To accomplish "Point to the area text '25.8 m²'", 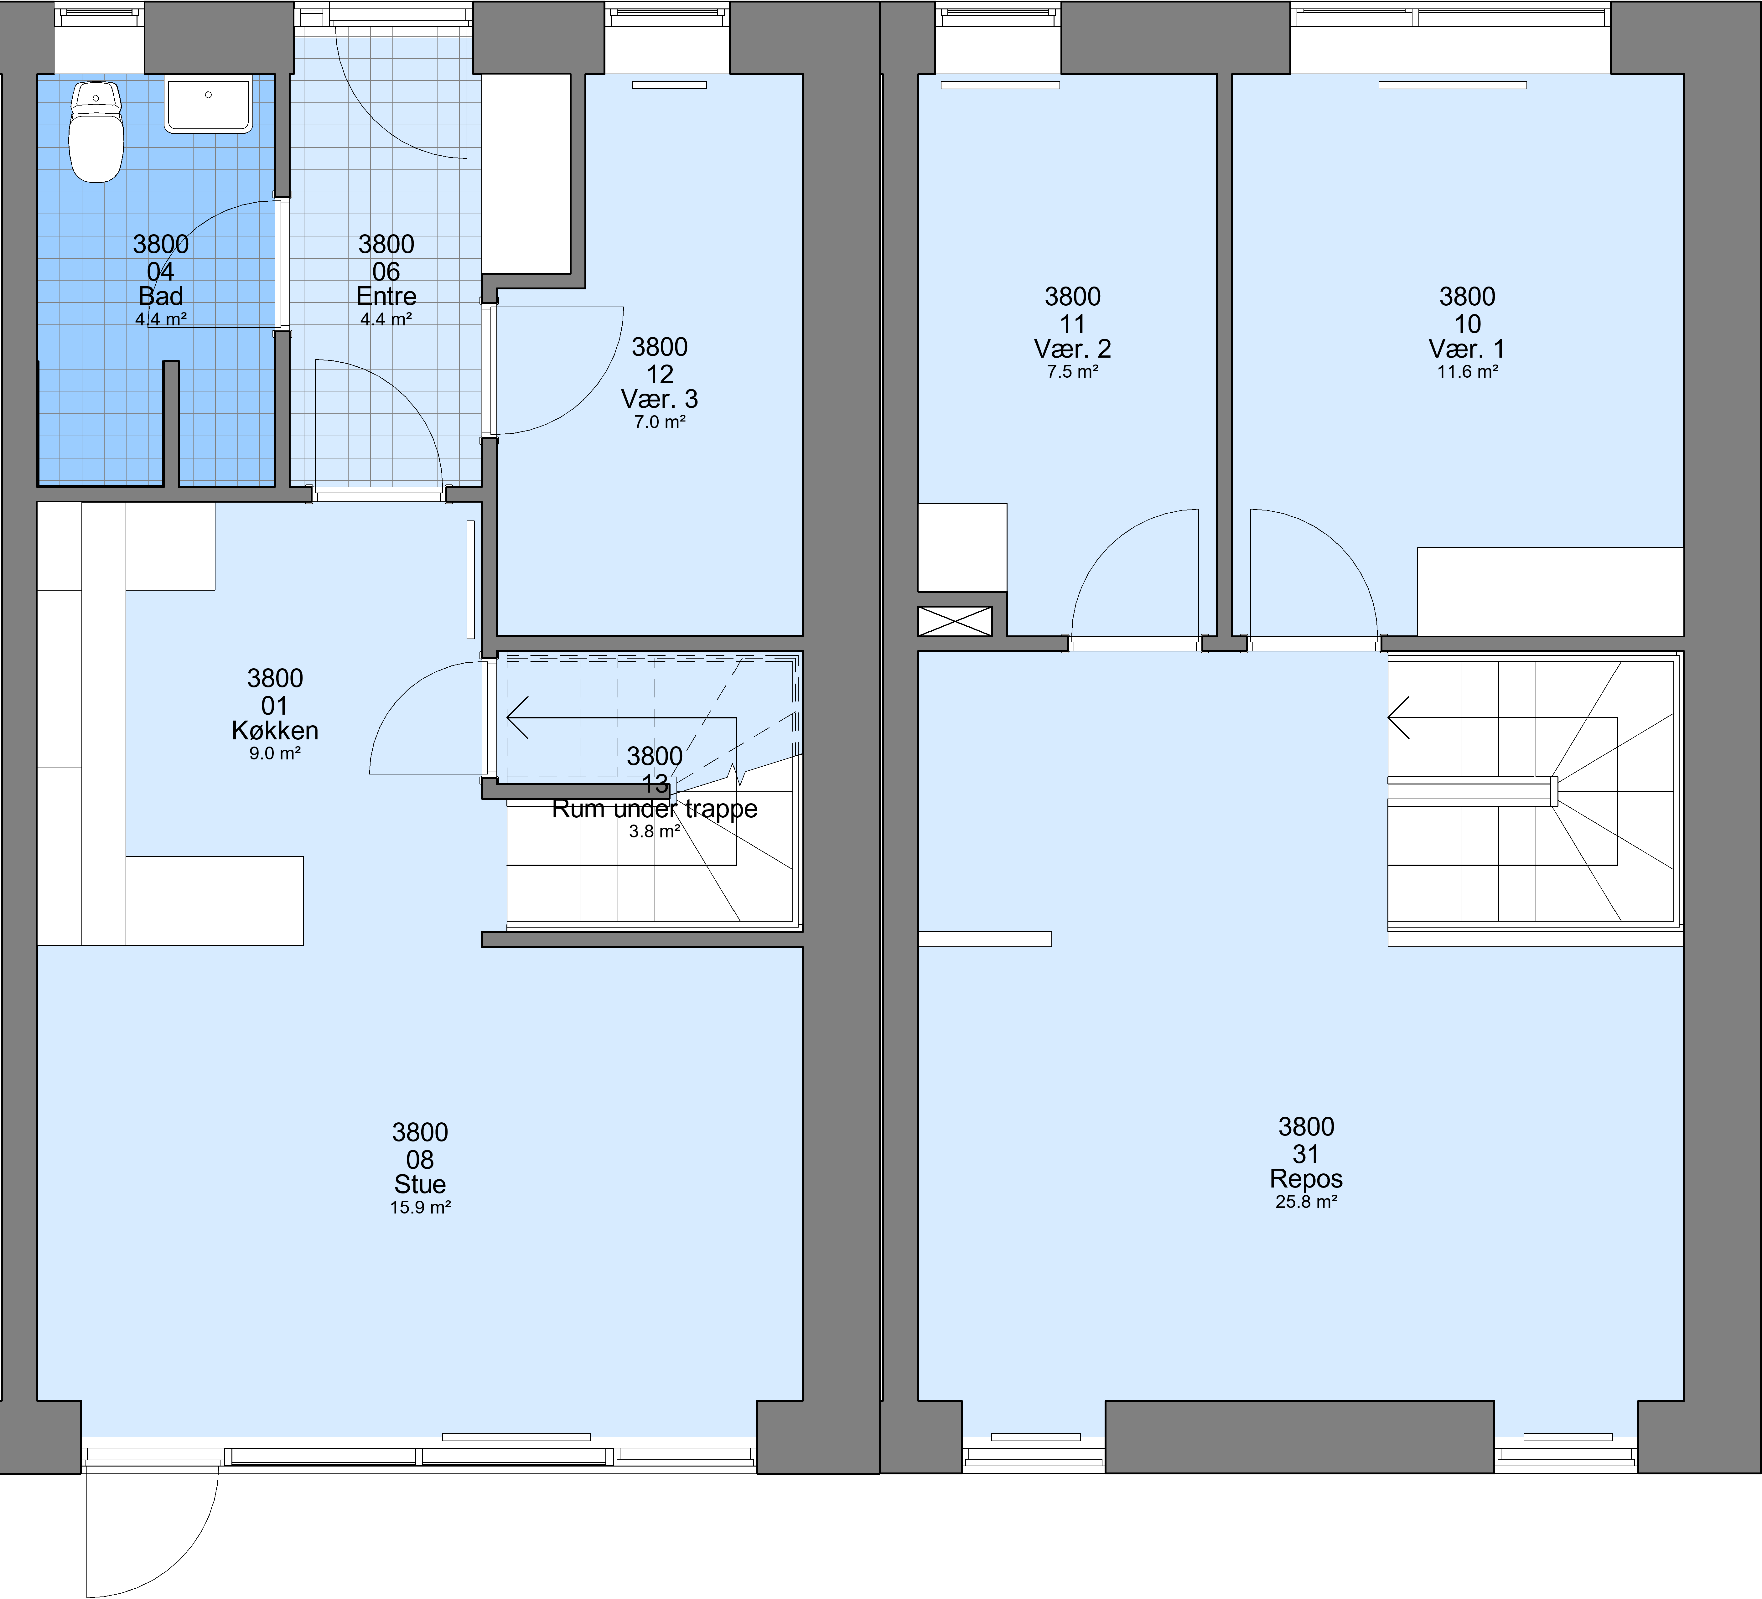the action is click(x=1306, y=1201).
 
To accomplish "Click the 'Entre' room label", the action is click(x=386, y=296).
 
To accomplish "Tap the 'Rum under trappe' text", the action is click(x=655, y=809).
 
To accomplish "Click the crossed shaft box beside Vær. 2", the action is click(x=955, y=621).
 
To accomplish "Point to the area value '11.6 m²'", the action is click(x=1468, y=371).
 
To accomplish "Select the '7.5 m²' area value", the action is click(x=1072, y=371).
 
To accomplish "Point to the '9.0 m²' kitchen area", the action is click(x=275, y=753).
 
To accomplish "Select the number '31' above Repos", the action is click(x=1306, y=1154).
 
